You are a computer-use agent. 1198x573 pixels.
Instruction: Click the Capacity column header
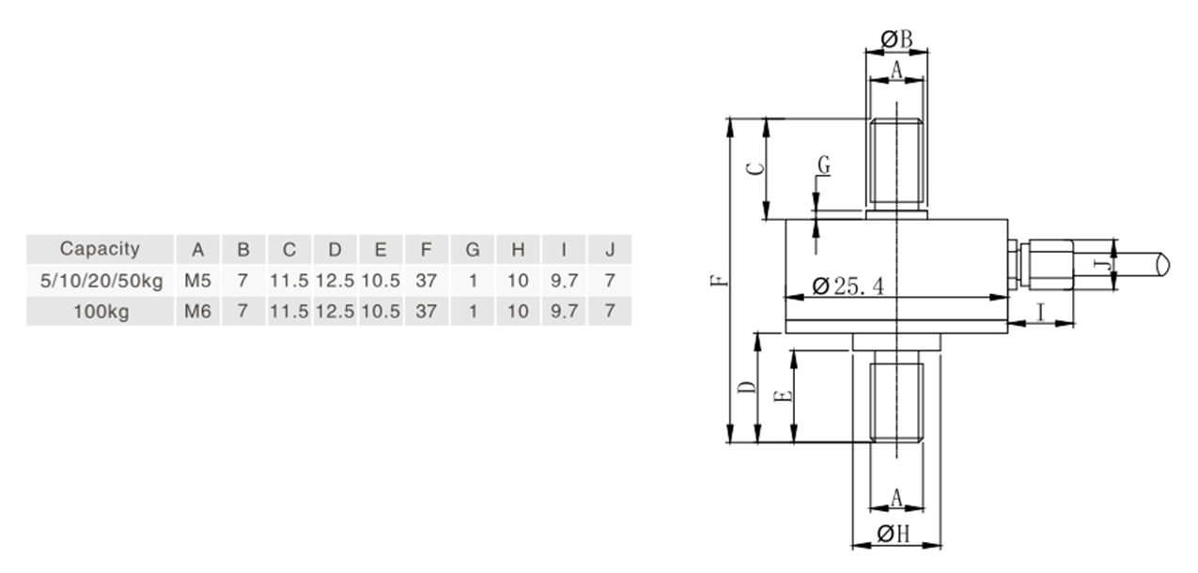[100, 249]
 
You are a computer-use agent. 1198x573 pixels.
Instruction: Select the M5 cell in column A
[197, 281]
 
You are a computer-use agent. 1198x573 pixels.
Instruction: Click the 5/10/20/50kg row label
[100, 281]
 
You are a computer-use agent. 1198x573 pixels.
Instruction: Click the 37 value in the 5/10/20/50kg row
[426, 281]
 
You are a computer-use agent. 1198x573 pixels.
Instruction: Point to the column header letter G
[473, 250]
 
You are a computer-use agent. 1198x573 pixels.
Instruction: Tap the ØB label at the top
[897, 39]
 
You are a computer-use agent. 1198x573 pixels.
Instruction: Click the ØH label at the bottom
[895, 534]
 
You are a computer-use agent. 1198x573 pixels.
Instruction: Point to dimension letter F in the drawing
[719, 280]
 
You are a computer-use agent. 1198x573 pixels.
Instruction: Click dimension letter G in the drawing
[823, 165]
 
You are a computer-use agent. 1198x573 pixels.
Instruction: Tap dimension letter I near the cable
[1040, 312]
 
